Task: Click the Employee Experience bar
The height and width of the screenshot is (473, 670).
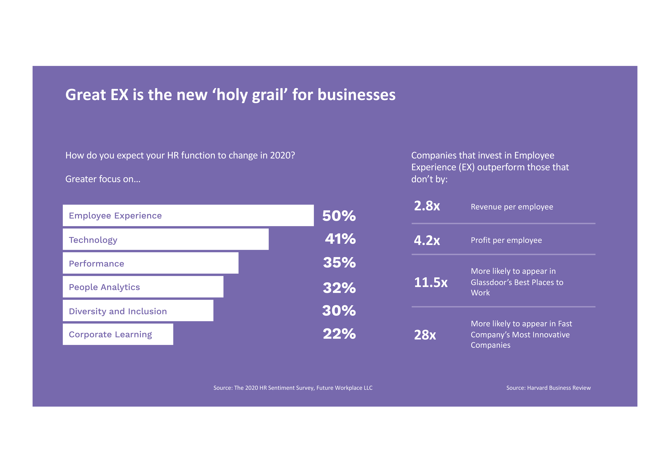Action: click(x=188, y=215)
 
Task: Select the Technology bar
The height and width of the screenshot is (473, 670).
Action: click(x=166, y=239)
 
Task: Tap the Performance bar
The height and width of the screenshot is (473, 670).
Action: click(x=151, y=263)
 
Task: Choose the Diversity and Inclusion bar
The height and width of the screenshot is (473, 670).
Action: click(x=138, y=311)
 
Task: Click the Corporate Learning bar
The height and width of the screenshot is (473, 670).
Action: click(x=118, y=334)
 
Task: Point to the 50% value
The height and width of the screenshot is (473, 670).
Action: click(x=339, y=216)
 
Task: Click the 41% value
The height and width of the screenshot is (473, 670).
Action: click(x=341, y=239)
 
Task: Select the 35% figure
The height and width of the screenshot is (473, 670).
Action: click(x=340, y=263)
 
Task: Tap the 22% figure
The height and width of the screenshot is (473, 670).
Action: click(x=340, y=334)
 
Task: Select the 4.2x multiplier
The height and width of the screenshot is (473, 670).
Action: click(x=427, y=240)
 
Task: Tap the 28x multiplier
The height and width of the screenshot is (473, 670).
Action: click(x=425, y=335)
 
